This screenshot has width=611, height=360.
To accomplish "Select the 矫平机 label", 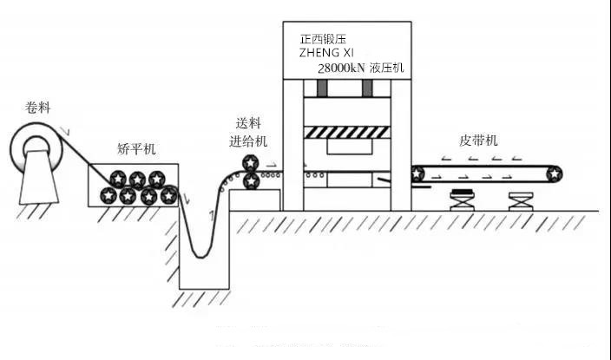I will tap(136, 149).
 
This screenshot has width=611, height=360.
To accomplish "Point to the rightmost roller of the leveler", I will tap(168, 196).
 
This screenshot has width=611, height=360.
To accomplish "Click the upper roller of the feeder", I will tap(250, 163).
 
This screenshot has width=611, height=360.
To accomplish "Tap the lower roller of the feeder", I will tap(250, 181).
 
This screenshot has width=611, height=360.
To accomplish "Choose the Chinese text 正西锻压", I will tap(326, 38).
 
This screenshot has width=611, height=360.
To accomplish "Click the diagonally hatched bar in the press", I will tap(347, 132).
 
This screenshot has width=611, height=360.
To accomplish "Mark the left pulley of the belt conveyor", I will tap(418, 173).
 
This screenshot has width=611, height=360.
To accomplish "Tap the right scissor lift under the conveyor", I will tap(521, 200).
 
